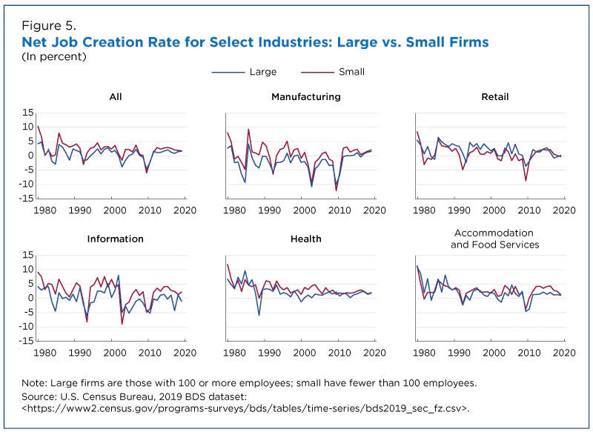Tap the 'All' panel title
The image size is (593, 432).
(x=115, y=97)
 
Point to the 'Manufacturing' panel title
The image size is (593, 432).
(x=306, y=97)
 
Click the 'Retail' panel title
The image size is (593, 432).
(x=495, y=97)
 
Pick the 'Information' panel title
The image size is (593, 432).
(x=115, y=239)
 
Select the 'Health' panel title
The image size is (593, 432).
(x=306, y=239)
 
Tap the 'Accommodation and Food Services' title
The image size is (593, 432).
(x=495, y=239)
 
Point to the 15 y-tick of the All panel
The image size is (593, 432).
(x=26, y=113)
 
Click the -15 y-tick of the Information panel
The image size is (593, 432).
(x=24, y=341)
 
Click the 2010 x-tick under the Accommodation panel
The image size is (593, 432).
(x=529, y=353)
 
